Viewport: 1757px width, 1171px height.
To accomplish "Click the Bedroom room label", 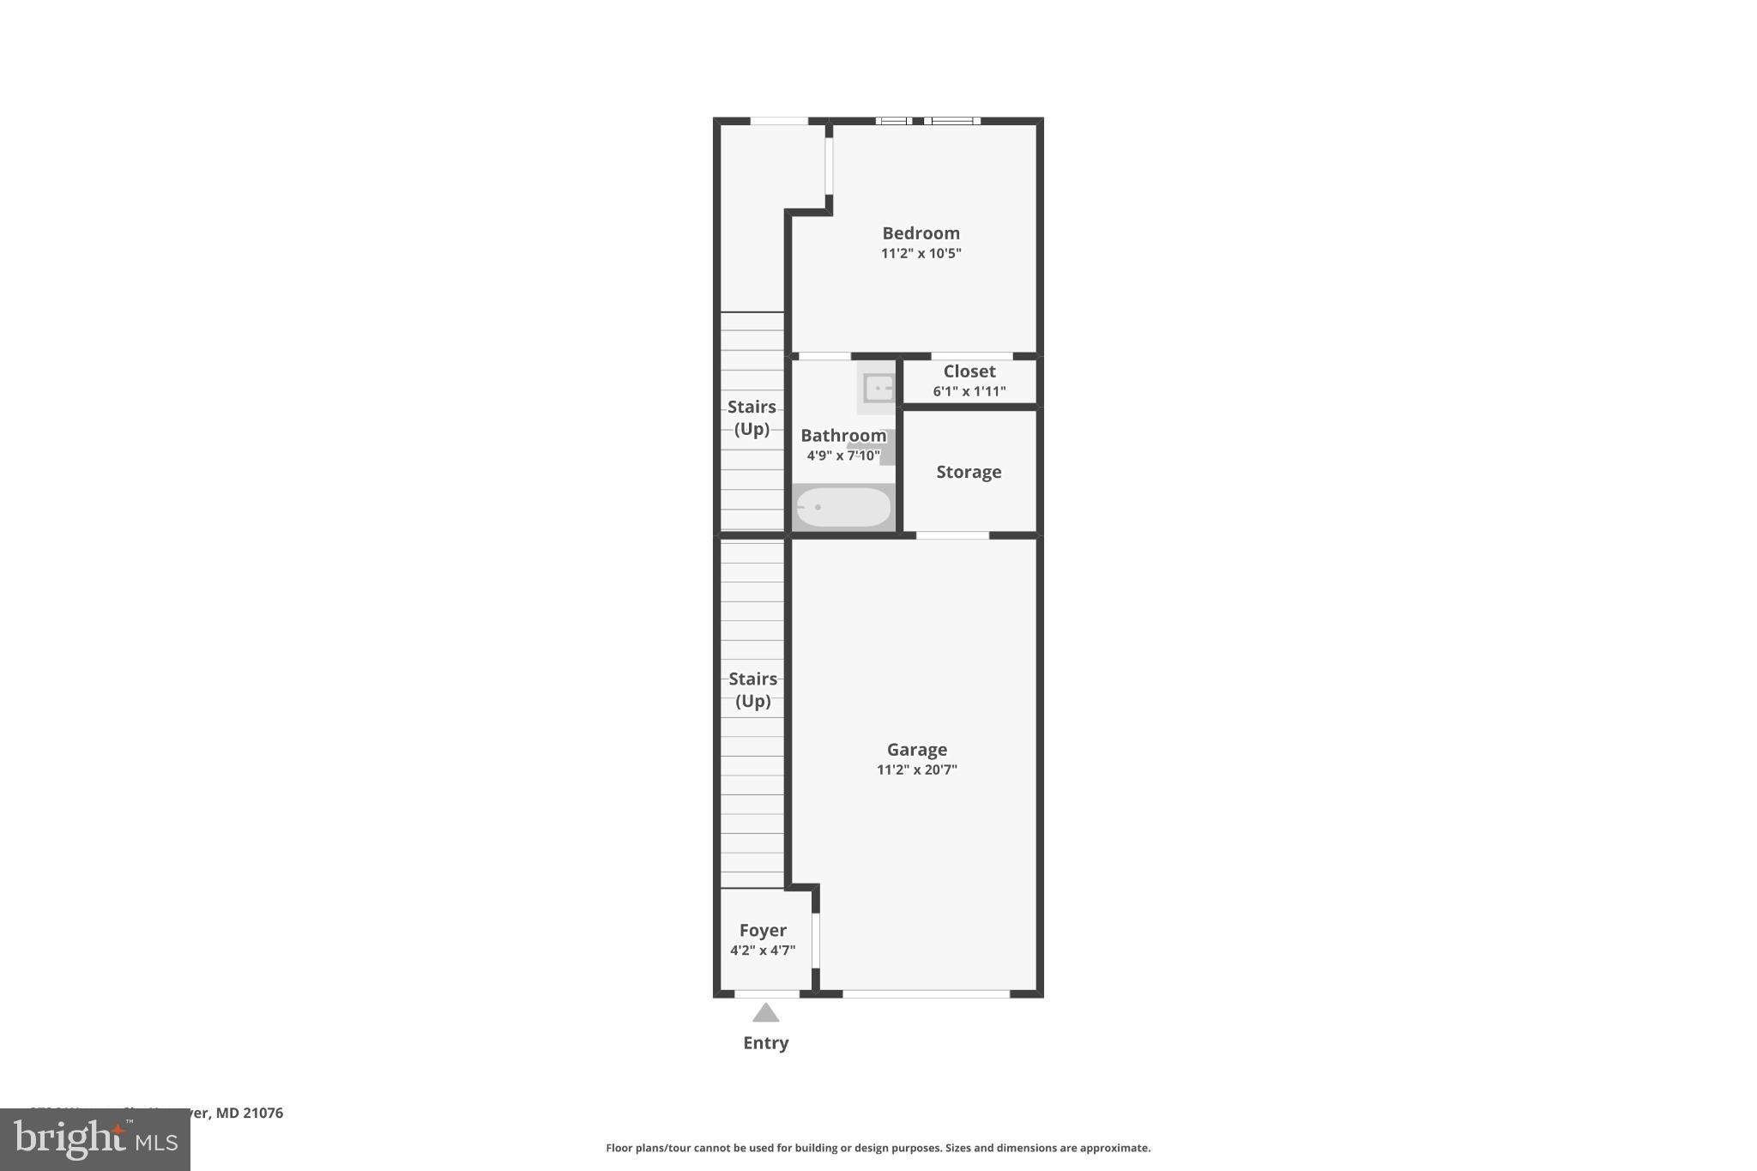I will click(x=921, y=233).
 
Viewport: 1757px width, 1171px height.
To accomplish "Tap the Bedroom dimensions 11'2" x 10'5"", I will click(x=921, y=253).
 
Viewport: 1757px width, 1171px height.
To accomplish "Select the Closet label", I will click(x=969, y=371).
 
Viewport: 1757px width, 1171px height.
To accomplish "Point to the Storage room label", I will click(x=969, y=472).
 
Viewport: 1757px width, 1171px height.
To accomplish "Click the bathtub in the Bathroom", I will click(x=843, y=507).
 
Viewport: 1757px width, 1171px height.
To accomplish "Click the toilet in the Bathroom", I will click(x=884, y=447).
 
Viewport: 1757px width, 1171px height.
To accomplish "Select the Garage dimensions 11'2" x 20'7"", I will click(x=916, y=770).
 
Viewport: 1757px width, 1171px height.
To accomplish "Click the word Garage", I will click(x=916, y=750).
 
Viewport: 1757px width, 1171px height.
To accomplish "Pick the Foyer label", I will click(x=763, y=931).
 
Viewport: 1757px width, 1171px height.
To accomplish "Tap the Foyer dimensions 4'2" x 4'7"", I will click(x=763, y=951).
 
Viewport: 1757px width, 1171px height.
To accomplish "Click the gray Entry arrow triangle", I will click(x=766, y=1014).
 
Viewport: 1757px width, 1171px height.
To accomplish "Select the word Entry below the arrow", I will click(x=766, y=1043).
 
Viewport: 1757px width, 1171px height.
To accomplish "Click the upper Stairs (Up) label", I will click(x=752, y=418).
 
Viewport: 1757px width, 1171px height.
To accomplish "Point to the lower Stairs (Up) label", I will click(x=752, y=690).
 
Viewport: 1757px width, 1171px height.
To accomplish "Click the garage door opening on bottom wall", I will click(x=926, y=994).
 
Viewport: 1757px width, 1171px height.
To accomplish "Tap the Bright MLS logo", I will click(x=95, y=1139).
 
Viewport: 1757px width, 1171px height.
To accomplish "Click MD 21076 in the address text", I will click(x=249, y=1113).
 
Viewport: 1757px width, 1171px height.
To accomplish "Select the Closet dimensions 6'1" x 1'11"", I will click(x=969, y=391).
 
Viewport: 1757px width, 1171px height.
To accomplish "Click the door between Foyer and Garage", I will click(x=816, y=940).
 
